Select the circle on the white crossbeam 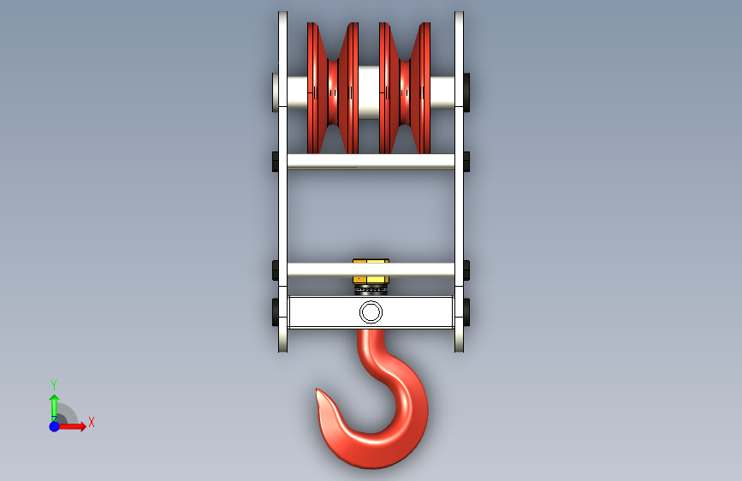pyautogui.click(x=371, y=312)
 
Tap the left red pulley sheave pyautogui.click(x=333, y=88)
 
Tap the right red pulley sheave pyautogui.click(x=405, y=88)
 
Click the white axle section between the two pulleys pyautogui.click(x=369, y=92)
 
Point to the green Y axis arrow pyautogui.click(x=54, y=407)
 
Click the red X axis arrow pyautogui.click(x=71, y=426)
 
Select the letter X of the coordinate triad pyautogui.click(x=92, y=422)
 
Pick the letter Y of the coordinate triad pyautogui.click(x=54, y=384)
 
